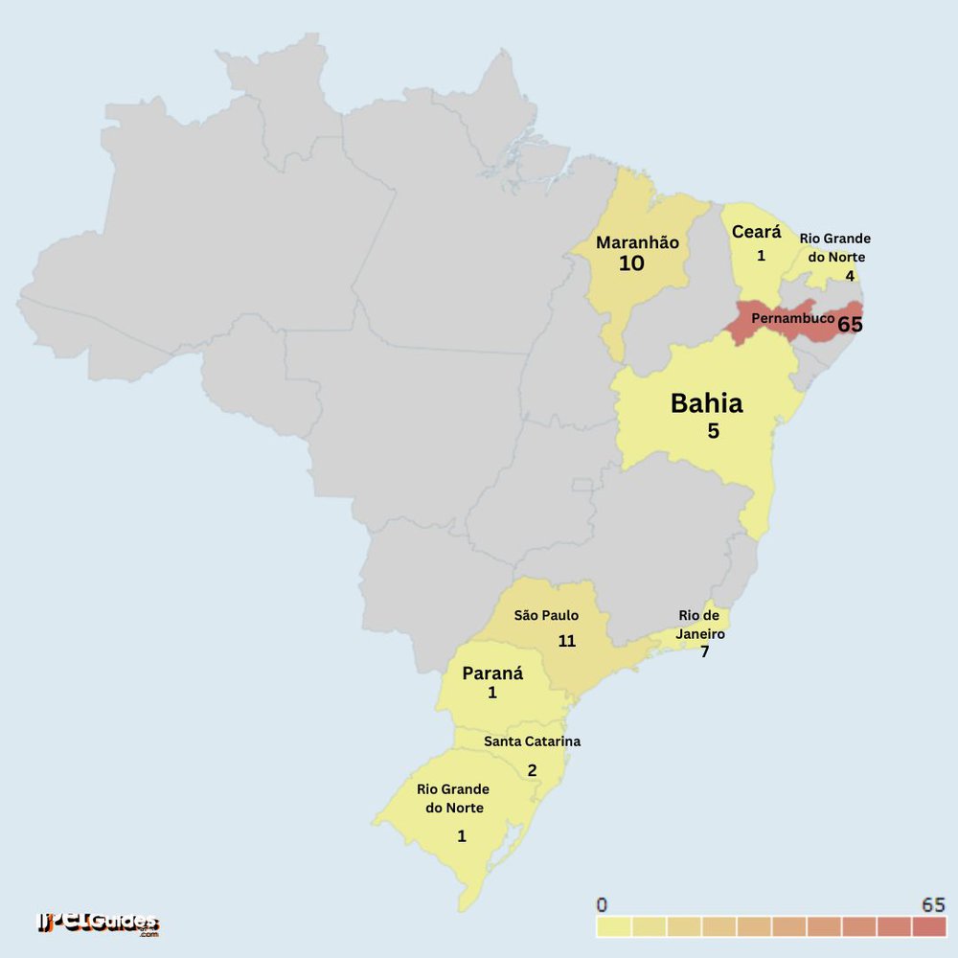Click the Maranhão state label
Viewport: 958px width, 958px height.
tap(637, 242)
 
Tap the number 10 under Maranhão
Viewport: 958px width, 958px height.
tap(631, 264)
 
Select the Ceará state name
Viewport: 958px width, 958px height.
tap(756, 232)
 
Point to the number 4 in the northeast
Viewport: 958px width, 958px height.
tap(849, 276)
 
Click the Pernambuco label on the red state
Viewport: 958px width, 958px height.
tap(792, 317)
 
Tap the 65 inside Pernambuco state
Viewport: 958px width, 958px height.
tap(850, 325)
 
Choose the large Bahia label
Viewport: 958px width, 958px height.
tap(706, 403)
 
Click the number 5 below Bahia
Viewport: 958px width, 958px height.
tap(713, 431)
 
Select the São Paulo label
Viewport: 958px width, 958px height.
tap(546, 615)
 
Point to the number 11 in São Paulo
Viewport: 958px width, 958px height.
tap(566, 641)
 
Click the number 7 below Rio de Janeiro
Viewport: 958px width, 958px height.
tap(704, 652)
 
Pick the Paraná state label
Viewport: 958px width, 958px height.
tap(492, 673)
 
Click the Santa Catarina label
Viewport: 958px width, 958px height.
tap(532, 741)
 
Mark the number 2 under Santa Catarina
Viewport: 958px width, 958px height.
tap(532, 770)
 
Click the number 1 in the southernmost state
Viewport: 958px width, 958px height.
tap(461, 836)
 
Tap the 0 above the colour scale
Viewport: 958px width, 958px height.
tap(601, 905)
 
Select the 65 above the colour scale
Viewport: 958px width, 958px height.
tap(933, 905)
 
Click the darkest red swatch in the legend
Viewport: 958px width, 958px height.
tap(928, 927)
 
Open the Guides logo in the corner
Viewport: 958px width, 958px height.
tap(98, 924)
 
